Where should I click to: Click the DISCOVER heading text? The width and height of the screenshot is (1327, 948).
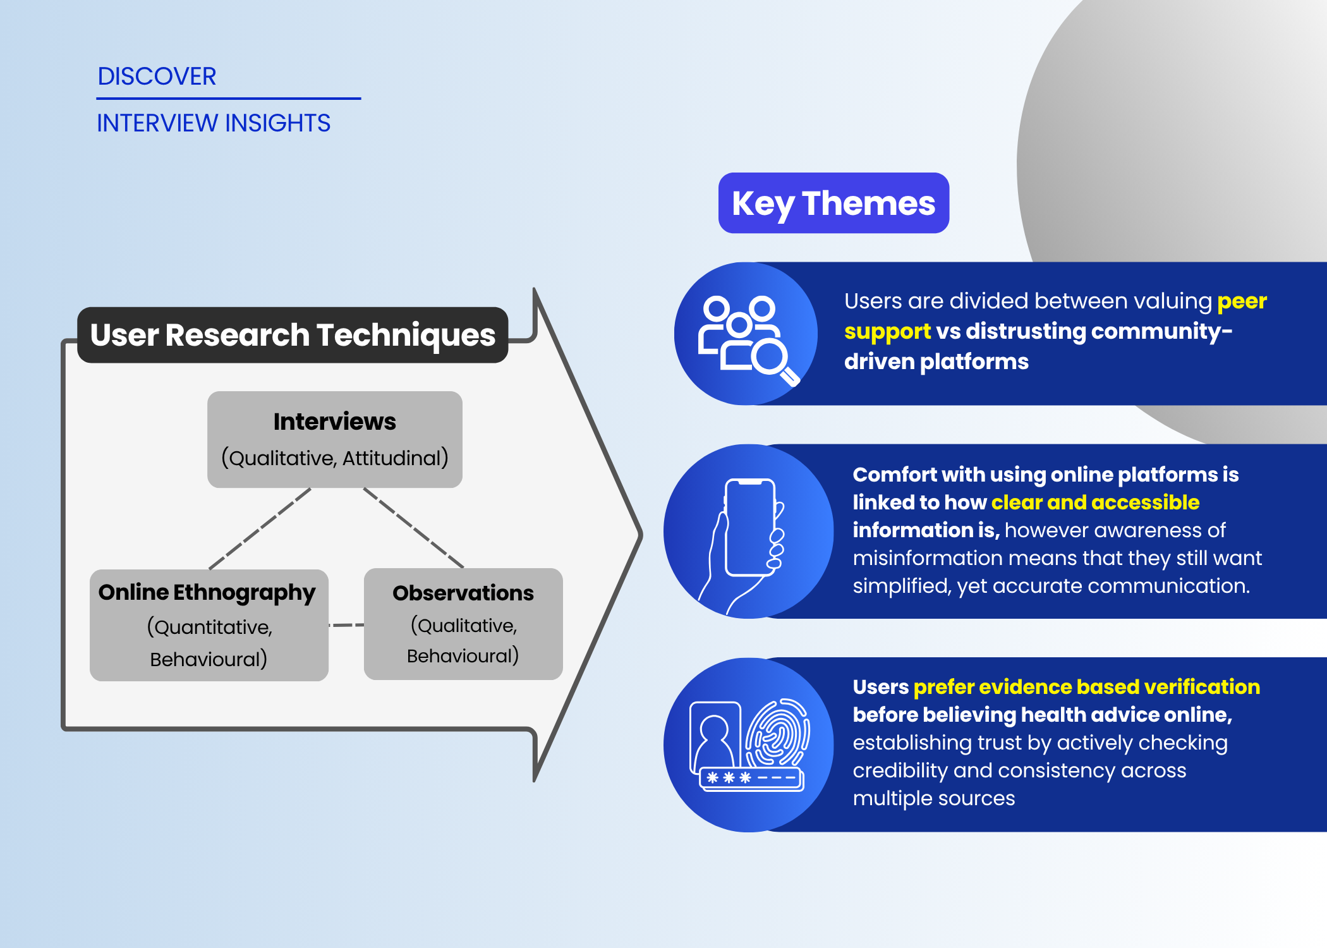tap(157, 76)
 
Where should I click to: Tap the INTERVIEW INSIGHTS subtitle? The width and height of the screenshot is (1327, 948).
tap(213, 123)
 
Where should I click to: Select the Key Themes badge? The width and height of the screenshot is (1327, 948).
tap(833, 204)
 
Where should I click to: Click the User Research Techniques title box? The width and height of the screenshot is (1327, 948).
tap(293, 335)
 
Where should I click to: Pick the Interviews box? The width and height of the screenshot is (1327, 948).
tap(334, 439)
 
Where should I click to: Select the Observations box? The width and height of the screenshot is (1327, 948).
tap(463, 624)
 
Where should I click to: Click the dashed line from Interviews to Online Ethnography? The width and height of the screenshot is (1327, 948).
tap(260, 528)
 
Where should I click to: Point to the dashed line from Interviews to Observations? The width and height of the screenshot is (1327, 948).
tap(413, 528)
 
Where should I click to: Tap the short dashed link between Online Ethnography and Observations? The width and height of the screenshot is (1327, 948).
tap(346, 625)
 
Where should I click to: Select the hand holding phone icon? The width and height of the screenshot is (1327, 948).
tap(746, 537)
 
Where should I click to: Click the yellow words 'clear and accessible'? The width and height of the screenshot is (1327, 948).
tap(1095, 502)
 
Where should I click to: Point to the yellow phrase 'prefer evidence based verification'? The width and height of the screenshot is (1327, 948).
tap(1086, 687)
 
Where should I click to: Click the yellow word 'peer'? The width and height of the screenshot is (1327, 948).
tap(1242, 301)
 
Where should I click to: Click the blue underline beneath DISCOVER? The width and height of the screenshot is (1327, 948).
tap(228, 99)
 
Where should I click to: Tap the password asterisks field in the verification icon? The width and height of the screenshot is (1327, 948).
tap(751, 778)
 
